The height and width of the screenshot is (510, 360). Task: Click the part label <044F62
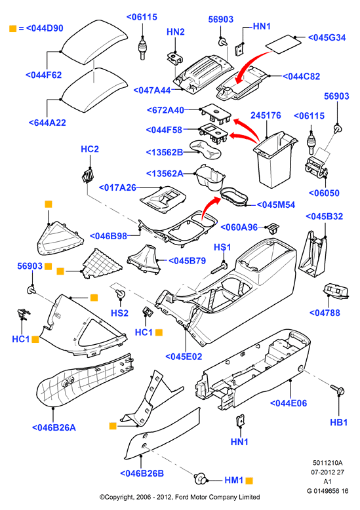point(44,75)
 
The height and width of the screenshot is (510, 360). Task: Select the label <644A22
point(47,123)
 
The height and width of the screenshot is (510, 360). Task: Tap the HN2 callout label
point(176,32)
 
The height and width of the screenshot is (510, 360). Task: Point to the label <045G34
point(327,38)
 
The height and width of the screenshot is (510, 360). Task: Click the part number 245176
point(266,115)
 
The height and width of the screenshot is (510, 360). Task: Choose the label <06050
point(324,193)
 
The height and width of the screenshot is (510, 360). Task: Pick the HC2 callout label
point(90,149)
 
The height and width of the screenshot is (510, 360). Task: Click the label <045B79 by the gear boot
point(187,261)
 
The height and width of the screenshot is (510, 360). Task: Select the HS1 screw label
point(222,247)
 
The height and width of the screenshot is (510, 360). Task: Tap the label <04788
point(325,313)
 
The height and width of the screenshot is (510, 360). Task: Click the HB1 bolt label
point(339,422)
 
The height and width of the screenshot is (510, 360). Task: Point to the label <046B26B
point(142,473)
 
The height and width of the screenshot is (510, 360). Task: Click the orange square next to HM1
point(249,481)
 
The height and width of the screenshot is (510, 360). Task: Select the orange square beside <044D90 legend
point(12,28)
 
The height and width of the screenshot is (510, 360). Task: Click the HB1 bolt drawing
point(338,389)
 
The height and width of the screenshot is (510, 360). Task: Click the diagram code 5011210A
point(328,463)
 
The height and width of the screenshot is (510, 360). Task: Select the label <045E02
point(184,357)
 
